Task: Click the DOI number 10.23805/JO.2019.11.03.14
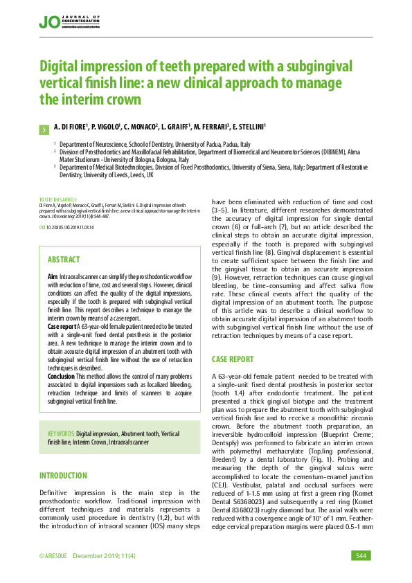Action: coord(69,227)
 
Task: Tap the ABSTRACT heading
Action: coord(64,260)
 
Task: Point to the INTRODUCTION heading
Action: coord(63,476)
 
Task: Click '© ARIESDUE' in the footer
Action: coord(53,556)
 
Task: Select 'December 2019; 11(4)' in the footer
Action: coord(104,556)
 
